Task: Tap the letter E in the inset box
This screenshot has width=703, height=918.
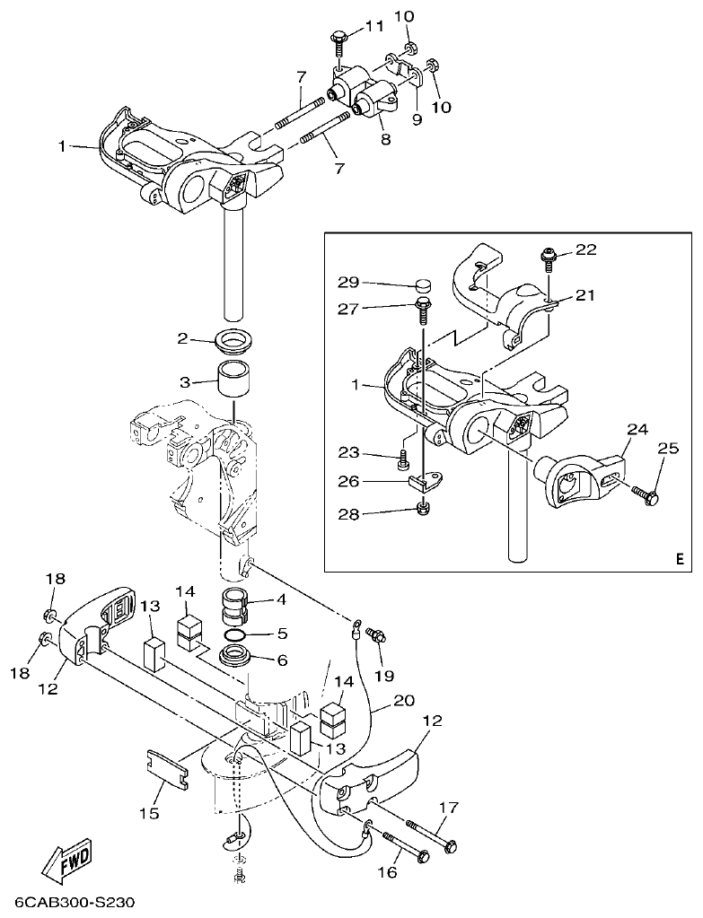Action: [x=679, y=558]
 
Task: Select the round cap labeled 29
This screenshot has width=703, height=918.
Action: [x=421, y=285]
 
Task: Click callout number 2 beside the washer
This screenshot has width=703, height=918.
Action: [x=182, y=339]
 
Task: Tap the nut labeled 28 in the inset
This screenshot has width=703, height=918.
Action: [x=422, y=511]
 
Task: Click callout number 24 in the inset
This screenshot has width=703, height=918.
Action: [x=636, y=430]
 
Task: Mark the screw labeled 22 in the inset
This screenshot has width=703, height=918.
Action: [x=548, y=258]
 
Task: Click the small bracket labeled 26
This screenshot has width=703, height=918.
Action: [x=427, y=483]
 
